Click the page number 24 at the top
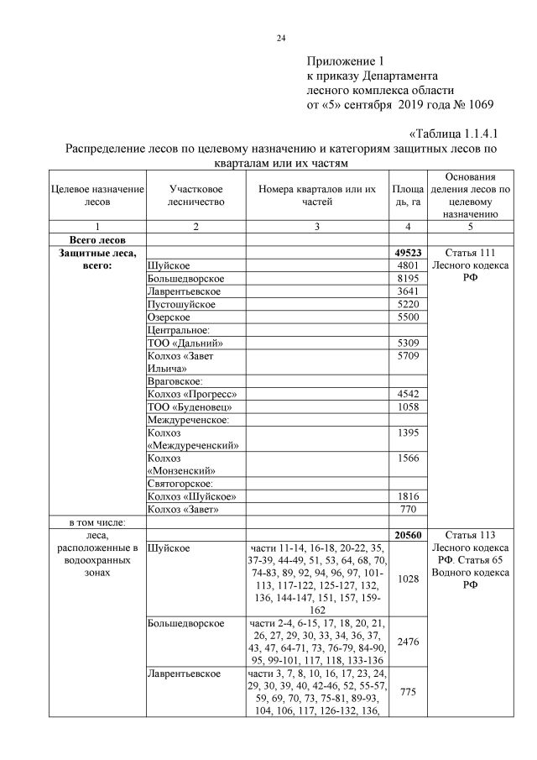click(x=281, y=38)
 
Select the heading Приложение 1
click(x=345, y=61)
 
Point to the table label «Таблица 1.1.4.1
click(x=454, y=134)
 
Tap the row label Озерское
click(x=169, y=317)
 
